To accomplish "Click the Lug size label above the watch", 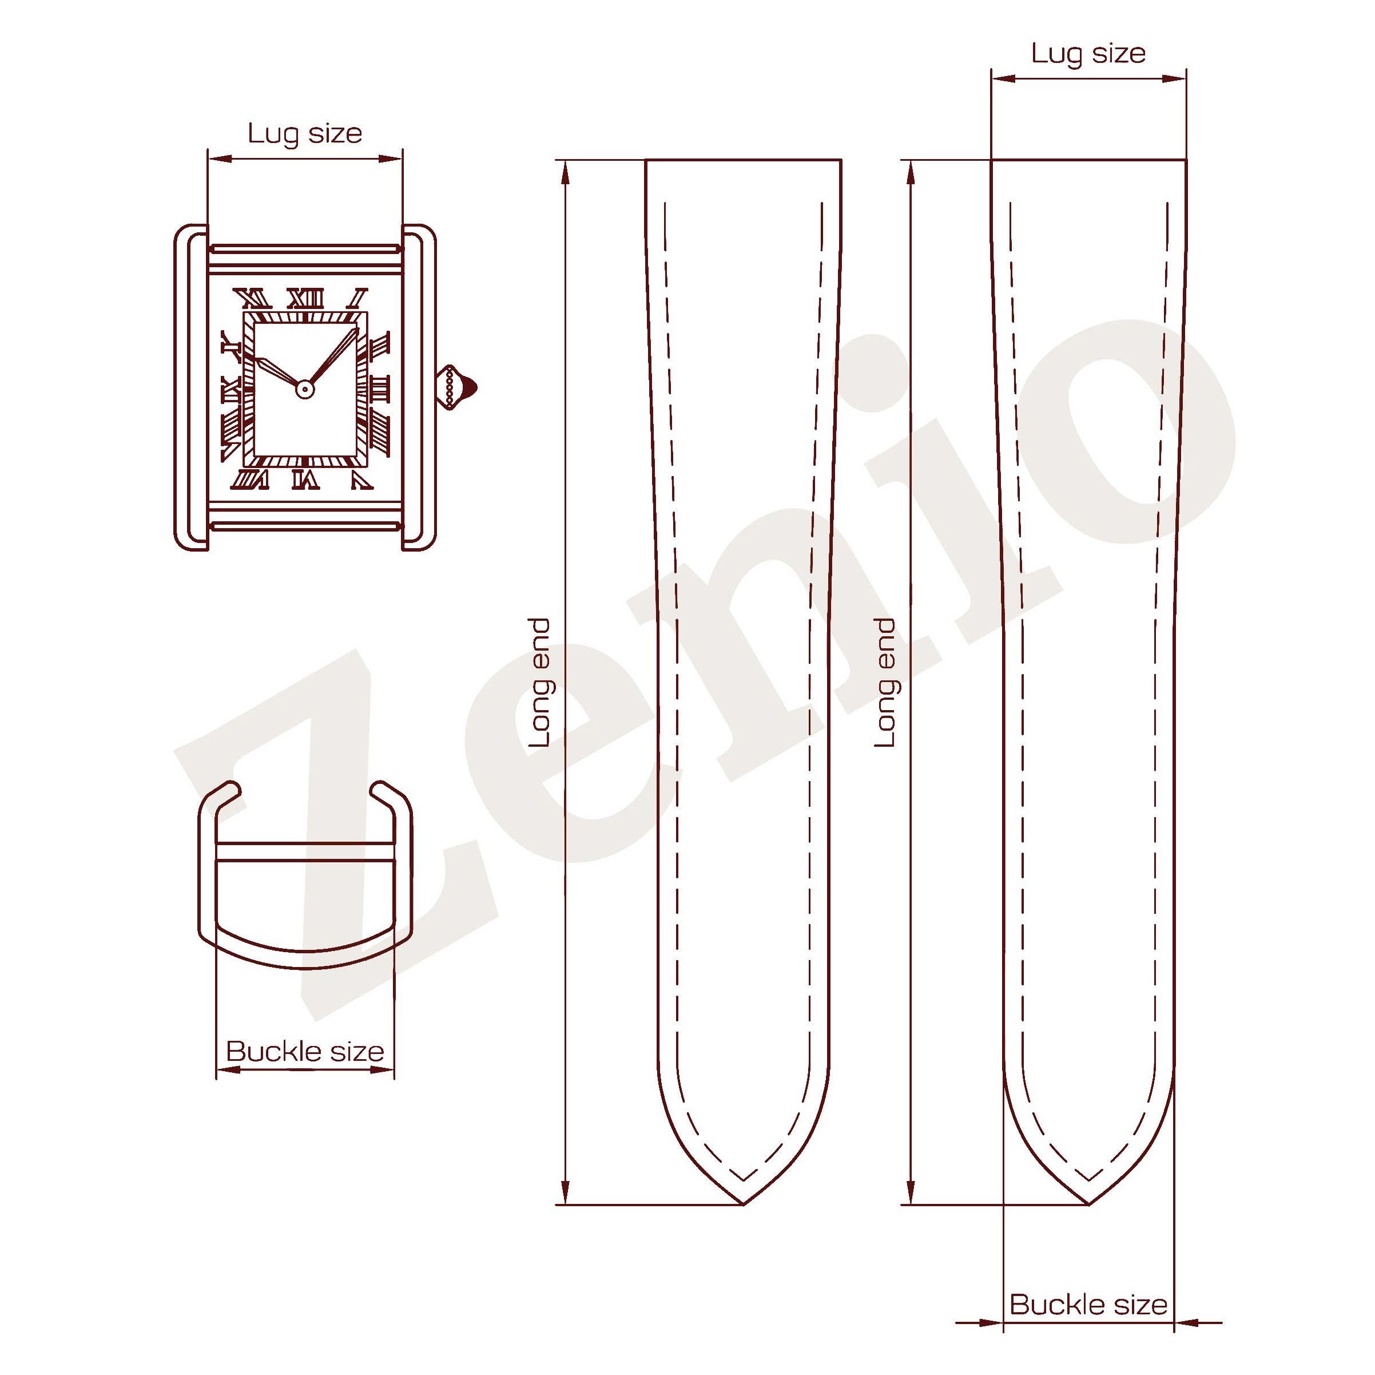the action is [305, 134].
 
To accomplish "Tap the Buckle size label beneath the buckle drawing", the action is [305, 1052].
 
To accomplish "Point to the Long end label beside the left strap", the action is [539, 683].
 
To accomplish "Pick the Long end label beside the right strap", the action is [885, 683].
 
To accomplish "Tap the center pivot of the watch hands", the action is [305, 389].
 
